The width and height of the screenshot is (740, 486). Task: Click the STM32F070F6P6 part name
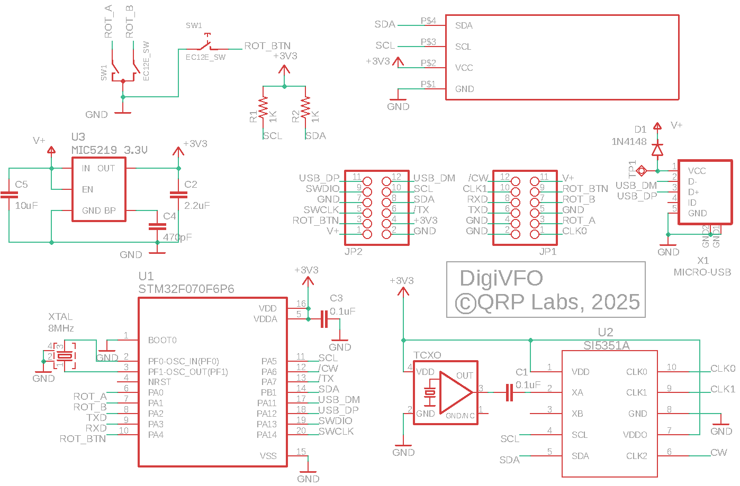click(186, 289)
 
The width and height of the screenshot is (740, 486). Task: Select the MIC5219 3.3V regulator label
click(109, 150)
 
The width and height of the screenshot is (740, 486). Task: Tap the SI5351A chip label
click(606, 346)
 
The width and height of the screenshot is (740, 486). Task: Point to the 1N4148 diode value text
click(629, 142)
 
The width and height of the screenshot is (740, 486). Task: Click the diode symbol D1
click(657, 150)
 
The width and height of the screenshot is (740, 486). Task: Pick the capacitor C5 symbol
click(9, 195)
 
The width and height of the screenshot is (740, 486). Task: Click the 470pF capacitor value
click(177, 237)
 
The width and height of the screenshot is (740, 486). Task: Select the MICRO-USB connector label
click(702, 272)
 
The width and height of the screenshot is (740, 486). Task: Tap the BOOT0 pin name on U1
click(162, 340)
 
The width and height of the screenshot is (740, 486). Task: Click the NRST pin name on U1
click(159, 382)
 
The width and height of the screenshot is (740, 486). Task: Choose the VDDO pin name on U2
click(635, 435)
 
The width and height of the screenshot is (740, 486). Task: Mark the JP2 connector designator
click(353, 252)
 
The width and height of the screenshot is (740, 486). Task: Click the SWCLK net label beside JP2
click(321, 210)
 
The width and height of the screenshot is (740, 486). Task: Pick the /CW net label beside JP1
click(478, 178)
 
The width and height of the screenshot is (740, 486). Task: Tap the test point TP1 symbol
click(642, 170)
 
